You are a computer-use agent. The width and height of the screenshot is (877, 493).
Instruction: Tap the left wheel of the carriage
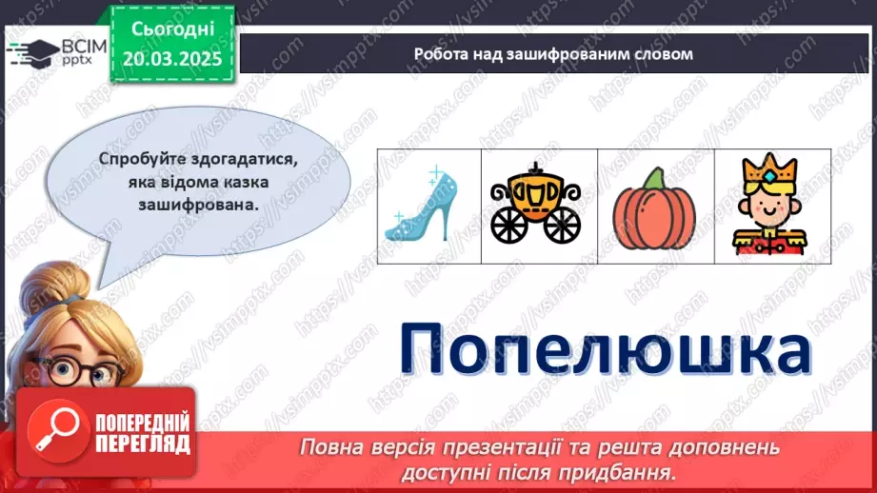coord(509,224)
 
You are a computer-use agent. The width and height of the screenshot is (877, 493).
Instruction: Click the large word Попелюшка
coord(604,349)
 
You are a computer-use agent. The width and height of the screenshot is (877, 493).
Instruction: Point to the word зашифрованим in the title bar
coord(582,53)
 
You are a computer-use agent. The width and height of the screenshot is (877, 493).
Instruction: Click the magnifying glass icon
coord(54,430)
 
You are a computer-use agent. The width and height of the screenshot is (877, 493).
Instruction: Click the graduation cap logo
coord(32,50)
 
